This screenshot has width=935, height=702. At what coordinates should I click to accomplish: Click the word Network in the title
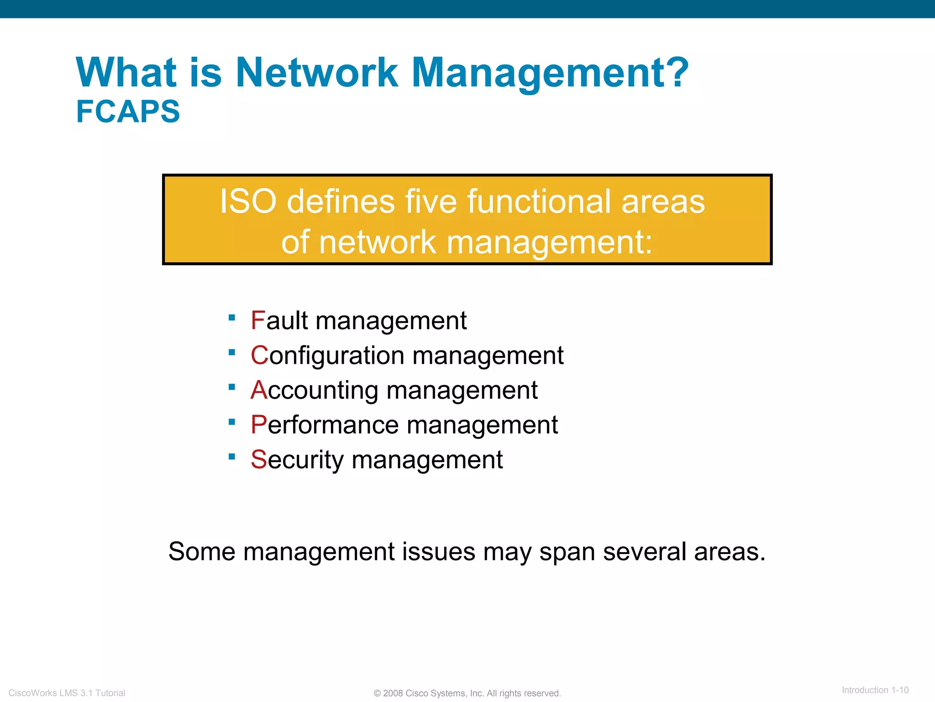(x=316, y=73)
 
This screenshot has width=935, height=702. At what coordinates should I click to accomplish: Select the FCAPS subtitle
(x=128, y=112)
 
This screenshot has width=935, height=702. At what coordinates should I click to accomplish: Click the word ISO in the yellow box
(x=248, y=202)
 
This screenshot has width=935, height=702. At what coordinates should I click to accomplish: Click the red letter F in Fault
(x=258, y=320)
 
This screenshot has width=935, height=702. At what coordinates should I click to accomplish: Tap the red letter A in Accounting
(x=259, y=390)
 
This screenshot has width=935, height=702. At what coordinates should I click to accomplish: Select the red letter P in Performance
(x=259, y=425)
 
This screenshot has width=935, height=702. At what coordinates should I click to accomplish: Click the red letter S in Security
(x=259, y=460)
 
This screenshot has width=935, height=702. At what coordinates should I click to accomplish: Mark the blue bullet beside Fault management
(x=232, y=318)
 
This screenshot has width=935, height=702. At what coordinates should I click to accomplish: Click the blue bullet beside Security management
(x=232, y=457)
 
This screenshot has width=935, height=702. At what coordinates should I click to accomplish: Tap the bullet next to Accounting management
(x=232, y=387)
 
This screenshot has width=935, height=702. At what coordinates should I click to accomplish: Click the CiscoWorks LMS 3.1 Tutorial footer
(x=67, y=693)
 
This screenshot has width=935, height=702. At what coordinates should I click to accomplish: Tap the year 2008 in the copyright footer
(x=393, y=693)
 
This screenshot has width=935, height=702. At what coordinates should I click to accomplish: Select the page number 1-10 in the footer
(x=900, y=690)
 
